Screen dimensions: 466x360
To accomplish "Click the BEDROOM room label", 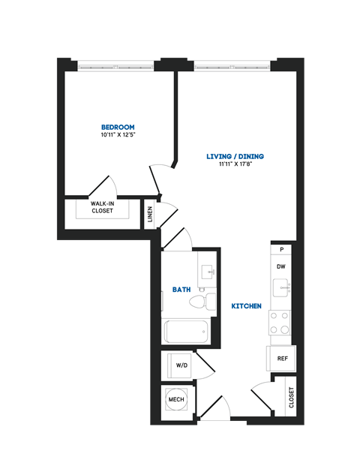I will pos(118,126).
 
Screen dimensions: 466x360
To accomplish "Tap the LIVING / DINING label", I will pos(235,156).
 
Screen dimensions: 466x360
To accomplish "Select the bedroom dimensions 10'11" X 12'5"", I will pos(118,135).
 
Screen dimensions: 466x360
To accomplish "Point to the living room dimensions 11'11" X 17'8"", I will pos(235,165).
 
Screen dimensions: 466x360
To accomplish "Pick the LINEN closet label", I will pos(151,215).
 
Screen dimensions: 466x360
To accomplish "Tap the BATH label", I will pos(181,289).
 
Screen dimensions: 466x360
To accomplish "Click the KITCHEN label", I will pos(246,306).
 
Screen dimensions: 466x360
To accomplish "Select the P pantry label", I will pos(282,249).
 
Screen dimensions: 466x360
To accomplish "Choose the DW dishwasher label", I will pos(282,266).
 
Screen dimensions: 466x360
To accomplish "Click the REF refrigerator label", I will pos(283,359).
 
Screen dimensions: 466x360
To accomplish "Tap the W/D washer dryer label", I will pos(181,365).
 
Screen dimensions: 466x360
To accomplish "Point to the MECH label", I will pos(176,399).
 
